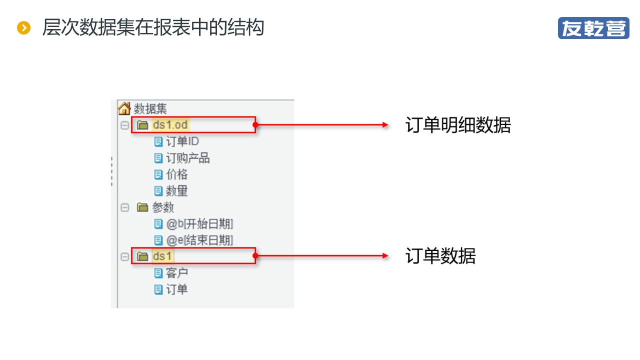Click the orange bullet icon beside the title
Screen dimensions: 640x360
point(23,28)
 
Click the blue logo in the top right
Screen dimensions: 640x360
point(593,28)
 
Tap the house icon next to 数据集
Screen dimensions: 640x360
point(124,108)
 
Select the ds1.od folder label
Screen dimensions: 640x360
point(170,125)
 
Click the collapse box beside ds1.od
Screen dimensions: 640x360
point(124,125)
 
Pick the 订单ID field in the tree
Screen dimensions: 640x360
point(182,141)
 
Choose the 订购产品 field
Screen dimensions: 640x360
point(187,158)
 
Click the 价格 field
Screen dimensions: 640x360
point(177,174)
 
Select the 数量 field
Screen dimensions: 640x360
point(177,191)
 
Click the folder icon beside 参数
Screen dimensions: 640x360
point(142,207)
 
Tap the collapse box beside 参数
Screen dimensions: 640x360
point(124,207)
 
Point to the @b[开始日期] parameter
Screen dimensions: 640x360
point(199,223)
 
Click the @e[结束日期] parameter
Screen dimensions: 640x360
point(199,240)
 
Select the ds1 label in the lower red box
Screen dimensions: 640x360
point(162,256)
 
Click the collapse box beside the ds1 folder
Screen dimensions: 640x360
point(124,256)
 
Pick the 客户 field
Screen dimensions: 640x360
point(177,273)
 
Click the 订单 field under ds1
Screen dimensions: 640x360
point(177,289)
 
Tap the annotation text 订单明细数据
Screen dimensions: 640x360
point(458,125)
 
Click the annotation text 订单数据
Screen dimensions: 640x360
point(440,255)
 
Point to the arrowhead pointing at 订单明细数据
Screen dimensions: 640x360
point(385,125)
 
